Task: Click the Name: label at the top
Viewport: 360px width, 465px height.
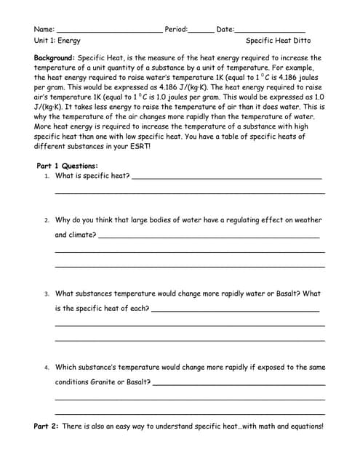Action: (x=44, y=29)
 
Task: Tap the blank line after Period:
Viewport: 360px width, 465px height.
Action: (x=201, y=31)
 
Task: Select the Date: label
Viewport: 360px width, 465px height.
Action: (x=225, y=29)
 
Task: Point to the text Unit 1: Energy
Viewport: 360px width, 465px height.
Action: (x=57, y=41)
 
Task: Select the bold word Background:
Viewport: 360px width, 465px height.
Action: (x=55, y=57)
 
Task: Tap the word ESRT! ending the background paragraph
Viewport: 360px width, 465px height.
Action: (x=140, y=146)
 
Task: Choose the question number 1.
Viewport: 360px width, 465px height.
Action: (x=47, y=177)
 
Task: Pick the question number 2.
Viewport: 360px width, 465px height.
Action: (x=47, y=220)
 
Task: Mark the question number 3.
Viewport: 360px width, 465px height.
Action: (x=47, y=294)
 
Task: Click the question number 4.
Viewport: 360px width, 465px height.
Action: (x=47, y=368)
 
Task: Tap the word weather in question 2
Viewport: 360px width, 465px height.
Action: (x=308, y=220)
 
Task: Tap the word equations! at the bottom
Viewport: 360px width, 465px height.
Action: (x=305, y=426)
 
